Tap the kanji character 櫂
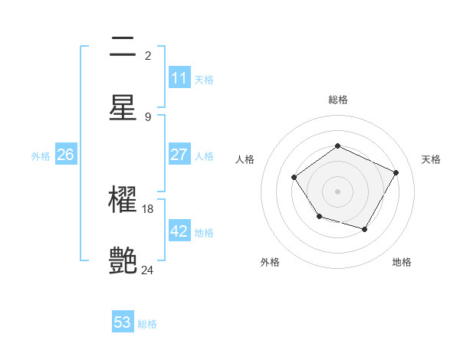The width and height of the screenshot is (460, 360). [123, 201]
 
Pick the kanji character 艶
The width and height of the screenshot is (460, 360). [123, 261]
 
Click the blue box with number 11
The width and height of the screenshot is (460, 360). [179, 78]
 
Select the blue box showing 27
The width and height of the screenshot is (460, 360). [179, 155]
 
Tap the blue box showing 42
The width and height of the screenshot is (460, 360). [179, 231]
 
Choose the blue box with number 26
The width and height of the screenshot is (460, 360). [65, 155]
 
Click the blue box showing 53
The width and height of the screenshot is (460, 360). [123, 322]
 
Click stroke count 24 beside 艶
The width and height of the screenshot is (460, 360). [147, 270]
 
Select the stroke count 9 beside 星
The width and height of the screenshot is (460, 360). [147, 116]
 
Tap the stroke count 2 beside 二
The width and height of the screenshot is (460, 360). [147, 55]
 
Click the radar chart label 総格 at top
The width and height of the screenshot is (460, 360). [337, 100]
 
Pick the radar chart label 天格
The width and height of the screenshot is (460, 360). [431, 159]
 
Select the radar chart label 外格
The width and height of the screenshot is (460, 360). [270, 262]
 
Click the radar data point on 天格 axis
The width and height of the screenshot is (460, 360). [396, 172]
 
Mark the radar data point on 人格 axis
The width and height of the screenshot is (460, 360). [294, 178]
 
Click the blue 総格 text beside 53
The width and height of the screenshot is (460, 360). [147, 324]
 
